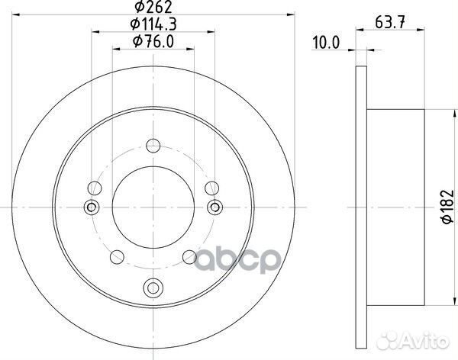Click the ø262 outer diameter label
[x=153, y=8]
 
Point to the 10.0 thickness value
[x=326, y=44]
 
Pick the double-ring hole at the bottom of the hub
[x=153, y=288]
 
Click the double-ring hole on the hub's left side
[x=92, y=206]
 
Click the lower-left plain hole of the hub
[x=118, y=256]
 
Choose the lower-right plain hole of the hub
[x=189, y=256]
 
